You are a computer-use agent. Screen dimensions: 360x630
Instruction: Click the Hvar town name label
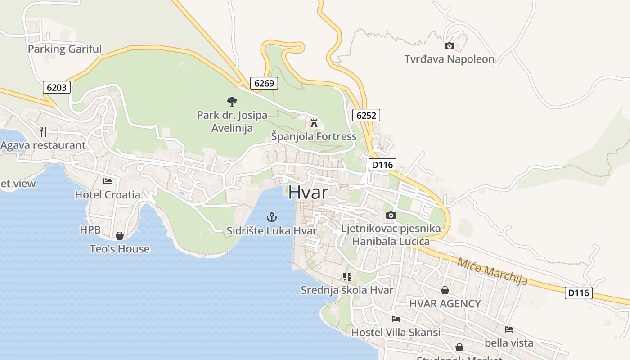click(x=308, y=192)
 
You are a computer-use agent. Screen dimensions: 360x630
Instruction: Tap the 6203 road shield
click(x=57, y=87)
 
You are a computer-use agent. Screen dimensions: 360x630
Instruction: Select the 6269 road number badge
click(x=264, y=83)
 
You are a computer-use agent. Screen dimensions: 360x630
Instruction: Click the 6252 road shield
click(x=366, y=115)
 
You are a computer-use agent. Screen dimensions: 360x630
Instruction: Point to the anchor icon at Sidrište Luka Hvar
click(x=271, y=218)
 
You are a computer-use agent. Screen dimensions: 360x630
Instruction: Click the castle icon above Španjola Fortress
click(x=314, y=122)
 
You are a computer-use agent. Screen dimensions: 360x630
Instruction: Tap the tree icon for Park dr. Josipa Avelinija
click(x=232, y=102)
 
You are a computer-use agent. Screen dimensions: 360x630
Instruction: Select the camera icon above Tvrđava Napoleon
click(x=449, y=46)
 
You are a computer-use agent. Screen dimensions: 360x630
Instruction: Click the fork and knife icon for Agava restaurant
click(x=43, y=131)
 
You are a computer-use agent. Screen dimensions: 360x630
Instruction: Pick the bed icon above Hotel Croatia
click(x=108, y=181)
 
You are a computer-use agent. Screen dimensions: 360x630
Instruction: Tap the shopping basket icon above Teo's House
click(x=120, y=236)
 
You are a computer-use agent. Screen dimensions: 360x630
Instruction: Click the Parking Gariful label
click(x=65, y=49)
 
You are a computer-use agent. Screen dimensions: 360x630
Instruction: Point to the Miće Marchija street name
click(x=492, y=271)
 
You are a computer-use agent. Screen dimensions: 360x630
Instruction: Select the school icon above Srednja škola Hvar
click(x=347, y=276)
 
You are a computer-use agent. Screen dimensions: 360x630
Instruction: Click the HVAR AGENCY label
click(x=445, y=304)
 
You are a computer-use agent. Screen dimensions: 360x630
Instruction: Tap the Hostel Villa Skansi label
click(x=396, y=333)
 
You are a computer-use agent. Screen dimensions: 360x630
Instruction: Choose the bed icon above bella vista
click(x=509, y=329)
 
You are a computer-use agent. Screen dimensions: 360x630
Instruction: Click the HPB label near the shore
click(x=90, y=230)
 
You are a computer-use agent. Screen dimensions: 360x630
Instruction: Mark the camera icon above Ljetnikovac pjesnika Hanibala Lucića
click(x=391, y=215)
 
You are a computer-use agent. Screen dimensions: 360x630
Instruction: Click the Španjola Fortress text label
click(x=314, y=136)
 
